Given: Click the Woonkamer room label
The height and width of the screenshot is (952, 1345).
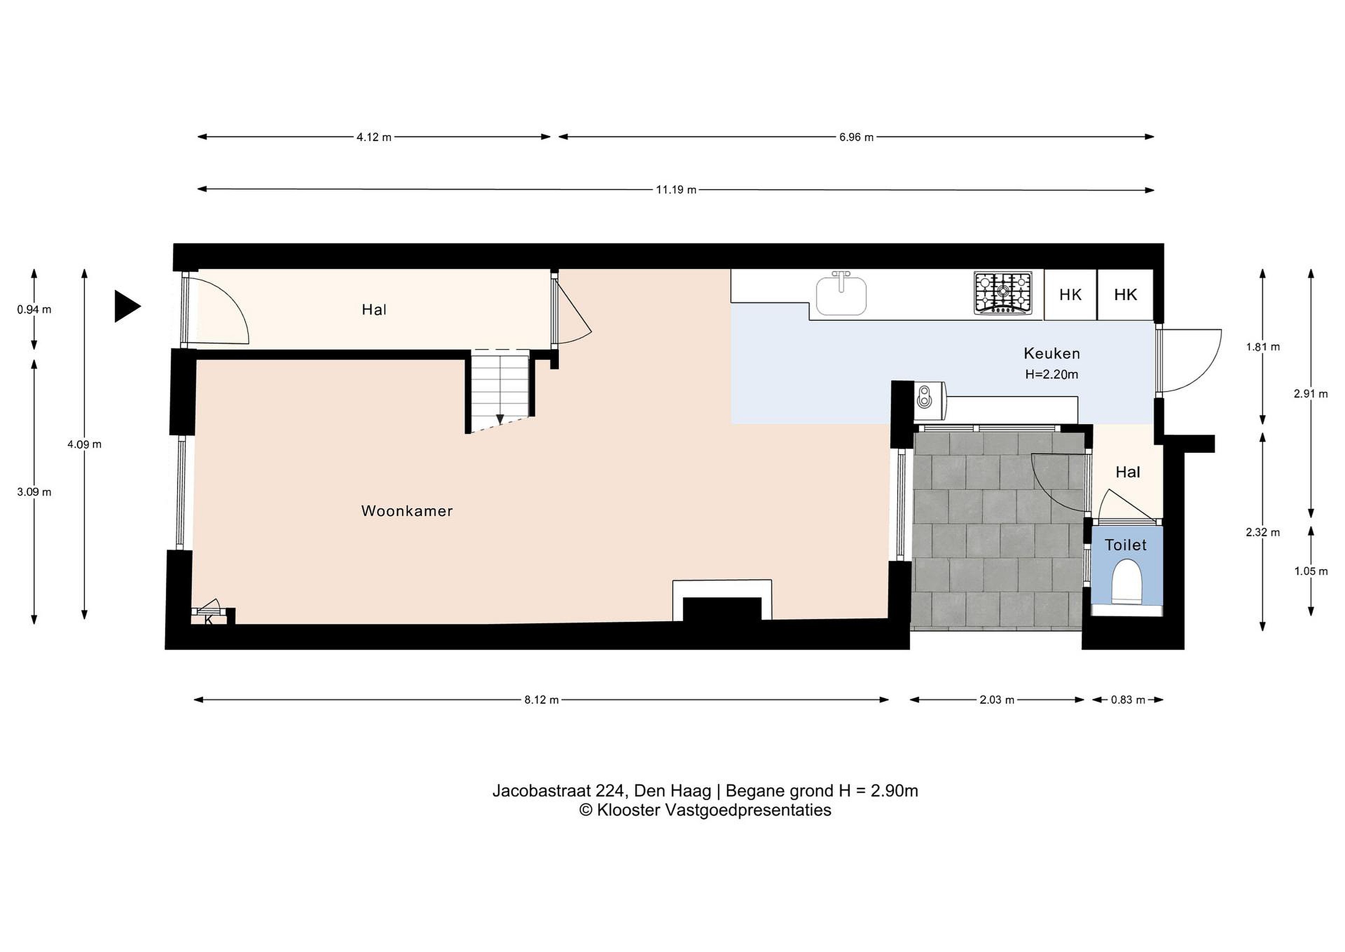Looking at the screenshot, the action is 407,511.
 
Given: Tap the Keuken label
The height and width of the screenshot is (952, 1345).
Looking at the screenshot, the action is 1052,353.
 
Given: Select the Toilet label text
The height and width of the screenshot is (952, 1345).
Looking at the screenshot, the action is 1126,545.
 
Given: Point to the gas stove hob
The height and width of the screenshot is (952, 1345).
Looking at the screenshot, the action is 1003,293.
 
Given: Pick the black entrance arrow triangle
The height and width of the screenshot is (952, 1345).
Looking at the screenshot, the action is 127,306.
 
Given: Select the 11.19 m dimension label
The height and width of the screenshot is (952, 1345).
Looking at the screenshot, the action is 676,190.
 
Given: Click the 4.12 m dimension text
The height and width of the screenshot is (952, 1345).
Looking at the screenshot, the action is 374,137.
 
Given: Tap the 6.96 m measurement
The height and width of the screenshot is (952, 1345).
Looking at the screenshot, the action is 856,137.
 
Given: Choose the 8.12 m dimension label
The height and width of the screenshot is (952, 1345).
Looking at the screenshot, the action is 541,699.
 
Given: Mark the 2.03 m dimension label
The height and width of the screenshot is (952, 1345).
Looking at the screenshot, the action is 997,699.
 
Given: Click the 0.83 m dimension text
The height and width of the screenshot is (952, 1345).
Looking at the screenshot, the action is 1128,699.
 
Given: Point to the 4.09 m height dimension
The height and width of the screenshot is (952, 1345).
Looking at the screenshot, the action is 85,444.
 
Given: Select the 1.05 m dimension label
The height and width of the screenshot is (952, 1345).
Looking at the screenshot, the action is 1311,571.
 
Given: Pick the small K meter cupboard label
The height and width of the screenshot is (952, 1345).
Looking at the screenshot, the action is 209,620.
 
